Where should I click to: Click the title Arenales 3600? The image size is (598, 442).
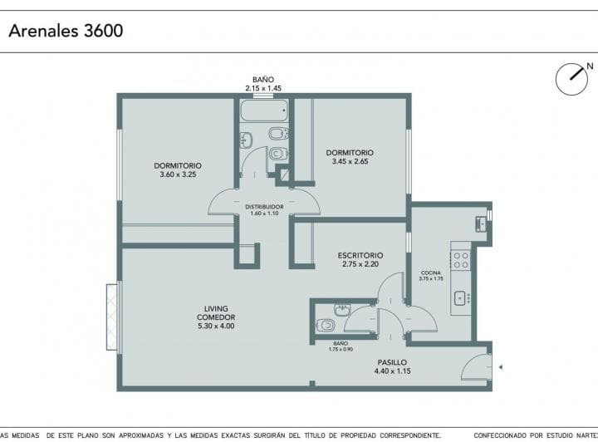pyautogui.click(x=66, y=32)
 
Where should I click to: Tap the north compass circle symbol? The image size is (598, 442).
pyautogui.click(x=571, y=78)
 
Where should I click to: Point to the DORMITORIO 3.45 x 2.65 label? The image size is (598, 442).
pyautogui.click(x=349, y=157)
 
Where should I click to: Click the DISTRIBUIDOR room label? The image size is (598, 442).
pyautogui.click(x=264, y=209)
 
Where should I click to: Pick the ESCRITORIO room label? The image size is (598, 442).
pyautogui.click(x=360, y=259)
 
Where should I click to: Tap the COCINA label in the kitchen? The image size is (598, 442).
pyautogui.click(x=431, y=276)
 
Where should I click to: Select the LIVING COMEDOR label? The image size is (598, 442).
pyautogui.click(x=215, y=317)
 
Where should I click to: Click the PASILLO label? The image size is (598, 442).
pyautogui.click(x=392, y=366)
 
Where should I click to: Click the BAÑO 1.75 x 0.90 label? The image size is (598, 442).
pyautogui.click(x=341, y=346)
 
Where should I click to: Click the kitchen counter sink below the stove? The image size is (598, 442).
pyautogui.click(x=459, y=297)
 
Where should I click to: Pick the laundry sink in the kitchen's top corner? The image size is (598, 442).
pyautogui.click(x=481, y=223)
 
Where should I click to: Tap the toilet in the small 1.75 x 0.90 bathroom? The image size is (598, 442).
pyautogui.click(x=326, y=325)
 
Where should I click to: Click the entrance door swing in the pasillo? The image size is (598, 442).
pyautogui.click(x=477, y=366)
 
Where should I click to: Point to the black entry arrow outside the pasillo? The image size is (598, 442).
pyautogui.click(x=500, y=366)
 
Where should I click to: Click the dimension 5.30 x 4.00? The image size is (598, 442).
pyautogui.click(x=215, y=327)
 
